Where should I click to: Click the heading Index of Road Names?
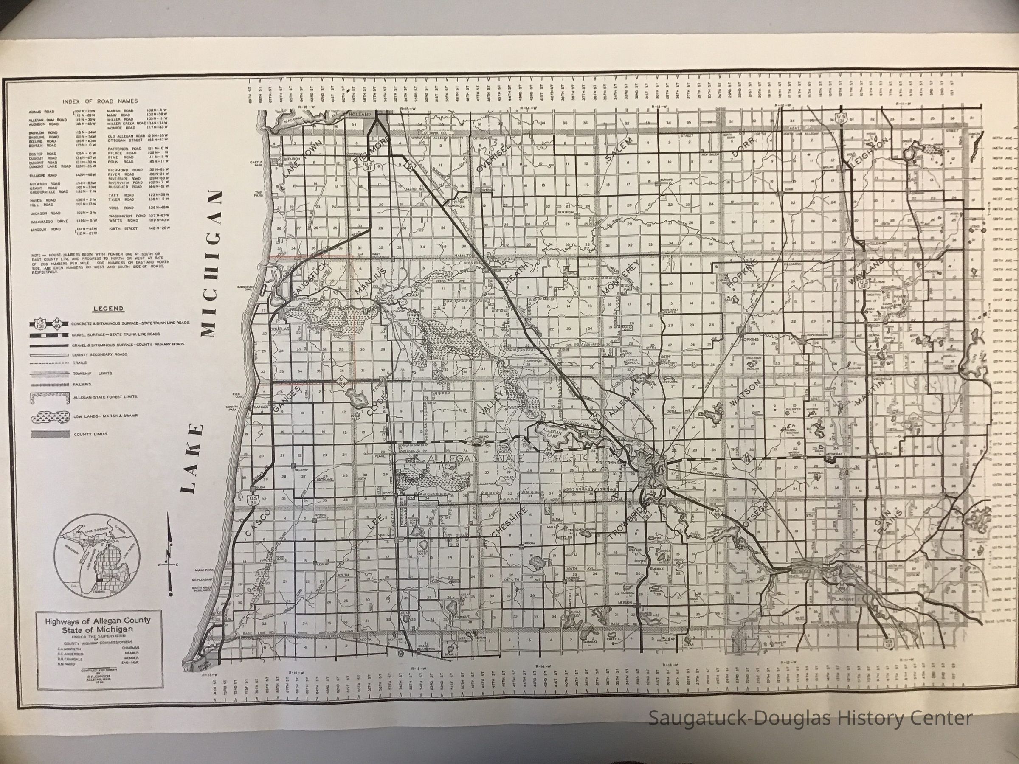(99, 101)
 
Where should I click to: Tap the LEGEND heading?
(108, 309)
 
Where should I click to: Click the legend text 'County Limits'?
(91, 434)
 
